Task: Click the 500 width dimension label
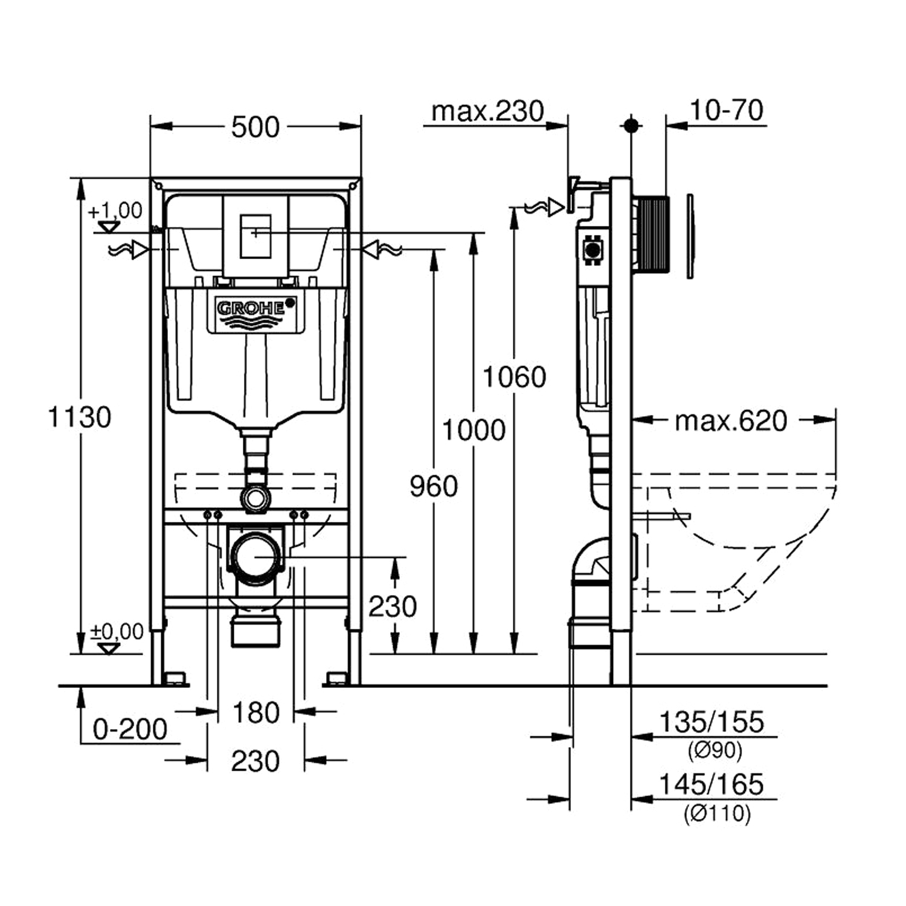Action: click(x=255, y=127)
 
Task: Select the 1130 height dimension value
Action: click(x=79, y=417)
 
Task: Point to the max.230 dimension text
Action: click(x=487, y=112)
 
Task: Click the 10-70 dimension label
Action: click(x=726, y=111)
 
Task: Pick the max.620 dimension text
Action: click(x=731, y=421)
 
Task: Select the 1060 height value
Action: click(x=514, y=377)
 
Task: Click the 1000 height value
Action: click(x=474, y=431)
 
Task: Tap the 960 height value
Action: click(x=434, y=486)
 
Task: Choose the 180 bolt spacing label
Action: click(x=256, y=713)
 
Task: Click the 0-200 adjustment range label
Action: click(x=130, y=730)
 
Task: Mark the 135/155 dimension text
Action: click(x=711, y=722)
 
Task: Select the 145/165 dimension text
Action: click(x=711, y=785)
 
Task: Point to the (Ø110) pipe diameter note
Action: click(x=717, y=814)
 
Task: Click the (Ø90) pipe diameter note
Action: click(x=715, y=751)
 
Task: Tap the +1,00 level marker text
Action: click(x=115, y=211)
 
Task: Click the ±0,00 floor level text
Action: click(x=117, y=632)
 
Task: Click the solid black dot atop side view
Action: click(x=631, y=126)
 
